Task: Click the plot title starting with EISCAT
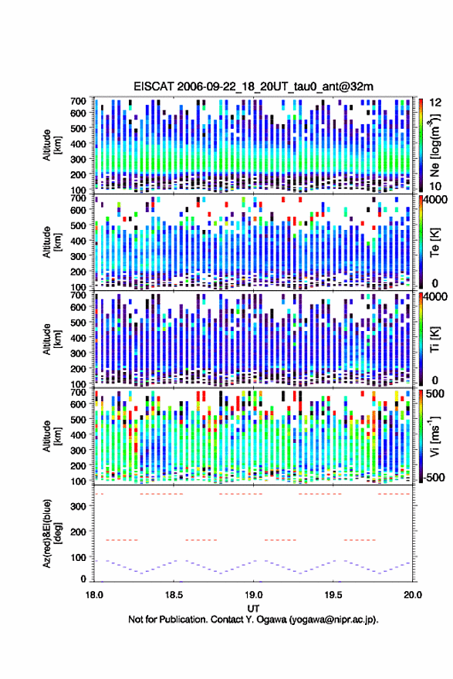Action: [x=253, y=86]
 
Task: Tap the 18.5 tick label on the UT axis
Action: [x=174, y=595]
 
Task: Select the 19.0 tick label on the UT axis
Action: [x=253, y=595]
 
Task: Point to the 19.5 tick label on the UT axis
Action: [x=333, y=595]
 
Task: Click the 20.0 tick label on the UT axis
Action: [x=413, y=595]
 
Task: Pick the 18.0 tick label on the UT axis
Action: [x=94, y=595]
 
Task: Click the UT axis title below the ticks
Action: [x=253, y=609]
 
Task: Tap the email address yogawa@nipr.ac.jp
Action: [x=333, y=620]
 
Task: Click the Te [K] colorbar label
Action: [x=434, y=242]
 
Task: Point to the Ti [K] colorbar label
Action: [x=434, y=339]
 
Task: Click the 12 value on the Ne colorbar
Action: [x=436, y=102]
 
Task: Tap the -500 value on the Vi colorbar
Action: [x=433, y=477]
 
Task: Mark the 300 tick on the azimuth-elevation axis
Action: [x=78, y=506]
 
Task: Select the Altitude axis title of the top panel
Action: [x=52, y=145]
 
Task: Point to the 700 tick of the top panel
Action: [x=78, y=101]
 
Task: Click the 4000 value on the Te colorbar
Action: [x=433, y=200]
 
